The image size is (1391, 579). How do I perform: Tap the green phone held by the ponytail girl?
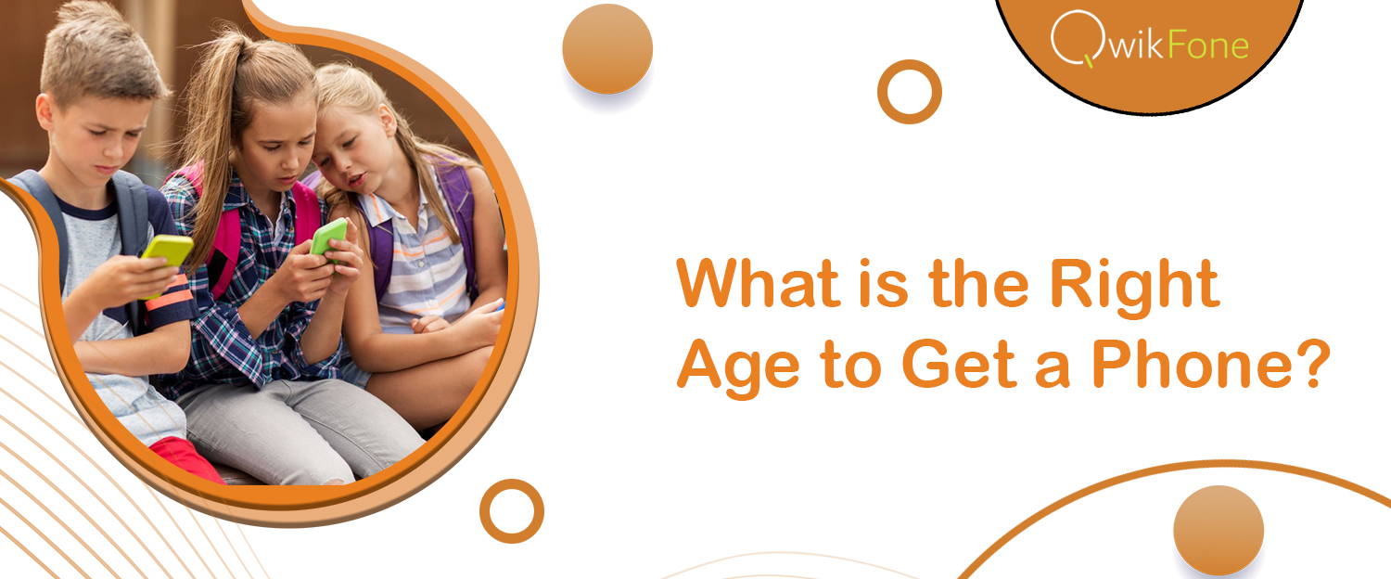[x=328, y=236]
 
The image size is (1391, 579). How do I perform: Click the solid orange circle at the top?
[x=607, y=49]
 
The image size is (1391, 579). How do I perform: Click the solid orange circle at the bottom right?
[x=1219, y=530]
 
